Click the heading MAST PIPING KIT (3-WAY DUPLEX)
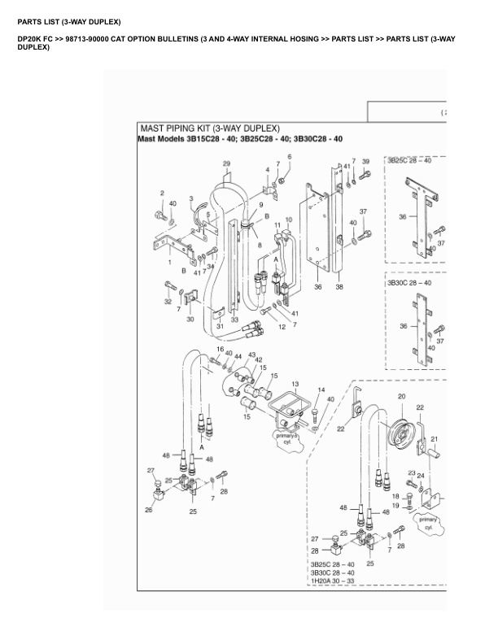click(210, 128)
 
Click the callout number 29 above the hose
click(226, 164)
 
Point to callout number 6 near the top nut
click(289, 156)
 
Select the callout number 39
click(365, 162)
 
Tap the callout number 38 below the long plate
click(339, 286)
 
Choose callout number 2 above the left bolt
click(162, 193)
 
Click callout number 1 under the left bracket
click(169, 263)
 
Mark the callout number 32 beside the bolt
click(168, 301)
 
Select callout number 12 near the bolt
click(282, 327)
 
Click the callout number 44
click(238, 356)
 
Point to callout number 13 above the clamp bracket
click(295, 383)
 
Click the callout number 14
click(321, 390)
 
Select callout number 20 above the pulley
click(400, 397)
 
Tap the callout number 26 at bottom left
click(149, 510)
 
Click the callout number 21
click(434, 439)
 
